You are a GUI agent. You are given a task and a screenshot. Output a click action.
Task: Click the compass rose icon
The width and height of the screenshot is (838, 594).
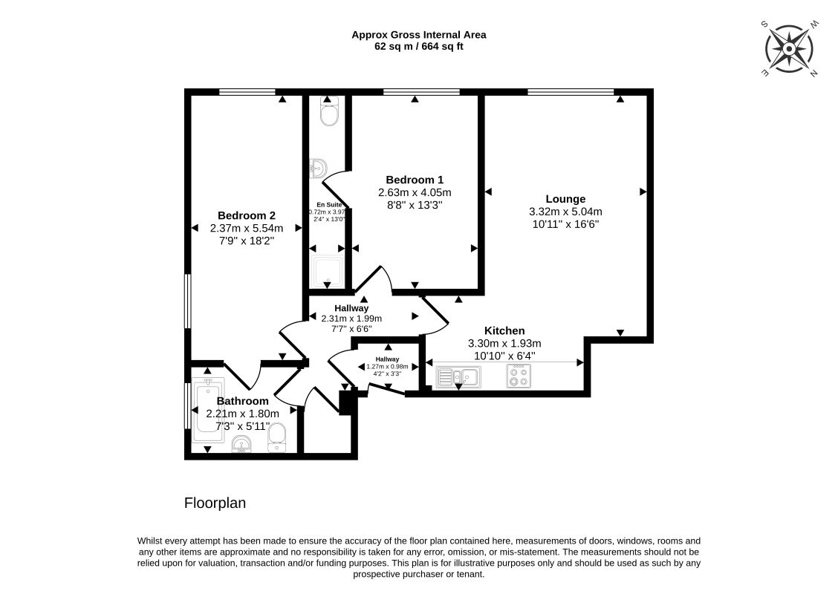point(789,48)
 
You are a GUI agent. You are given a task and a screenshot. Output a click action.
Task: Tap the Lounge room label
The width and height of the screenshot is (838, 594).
point(565,199)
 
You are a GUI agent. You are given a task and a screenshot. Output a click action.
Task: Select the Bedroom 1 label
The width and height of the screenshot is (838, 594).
point(415,180)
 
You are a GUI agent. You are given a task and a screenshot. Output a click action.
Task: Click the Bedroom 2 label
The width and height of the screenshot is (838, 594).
point(247,216)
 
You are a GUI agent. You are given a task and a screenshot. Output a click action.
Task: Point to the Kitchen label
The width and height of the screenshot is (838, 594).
point(504,330)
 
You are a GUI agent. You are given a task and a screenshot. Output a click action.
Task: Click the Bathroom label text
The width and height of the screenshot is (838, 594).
point(243,401)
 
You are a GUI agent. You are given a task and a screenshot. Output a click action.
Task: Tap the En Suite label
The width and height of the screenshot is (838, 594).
point(329,205)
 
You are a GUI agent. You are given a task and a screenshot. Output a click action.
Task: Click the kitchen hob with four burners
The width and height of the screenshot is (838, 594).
point(519,376)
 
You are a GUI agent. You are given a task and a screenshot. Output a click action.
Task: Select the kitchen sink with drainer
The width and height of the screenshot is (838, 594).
point(458,377)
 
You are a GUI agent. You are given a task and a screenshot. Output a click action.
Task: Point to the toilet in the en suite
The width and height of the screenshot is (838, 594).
point(328,111)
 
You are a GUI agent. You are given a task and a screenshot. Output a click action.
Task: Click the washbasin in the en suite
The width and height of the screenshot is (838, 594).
point(317,169)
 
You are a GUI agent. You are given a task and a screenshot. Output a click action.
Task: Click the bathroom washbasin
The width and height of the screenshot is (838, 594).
point(242,444)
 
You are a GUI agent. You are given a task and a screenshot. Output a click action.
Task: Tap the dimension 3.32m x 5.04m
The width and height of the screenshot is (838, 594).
point(565,212)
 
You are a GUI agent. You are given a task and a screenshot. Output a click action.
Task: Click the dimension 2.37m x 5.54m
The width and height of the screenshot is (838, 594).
point(247,228)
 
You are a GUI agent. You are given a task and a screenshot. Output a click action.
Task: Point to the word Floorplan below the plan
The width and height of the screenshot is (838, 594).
point(215,503)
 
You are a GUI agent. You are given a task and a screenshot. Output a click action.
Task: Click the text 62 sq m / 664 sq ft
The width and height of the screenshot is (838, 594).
point(419,47)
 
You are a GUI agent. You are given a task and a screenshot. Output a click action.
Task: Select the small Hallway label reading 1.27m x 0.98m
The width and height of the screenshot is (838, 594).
point(387,367)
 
